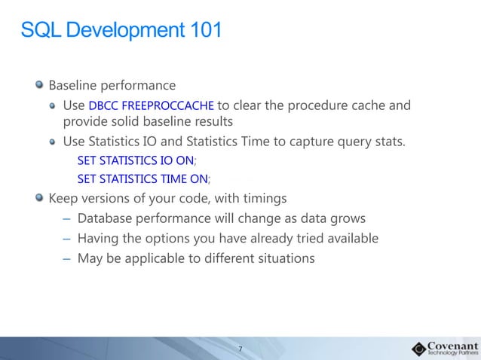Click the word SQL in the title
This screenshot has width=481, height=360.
pyautogui.click(x=37, y=31)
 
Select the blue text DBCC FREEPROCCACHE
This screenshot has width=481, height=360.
pyautogui.click(x=151, y=105)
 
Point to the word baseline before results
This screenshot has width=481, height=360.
pyautogui.click(x=172, y=121)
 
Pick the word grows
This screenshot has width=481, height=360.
pyautogui.click(x=348, y=218)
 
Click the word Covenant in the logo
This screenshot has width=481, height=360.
pyautogui.click(x=452, y=343)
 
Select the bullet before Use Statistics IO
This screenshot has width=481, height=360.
pyautogui.click(x=53, y=141)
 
